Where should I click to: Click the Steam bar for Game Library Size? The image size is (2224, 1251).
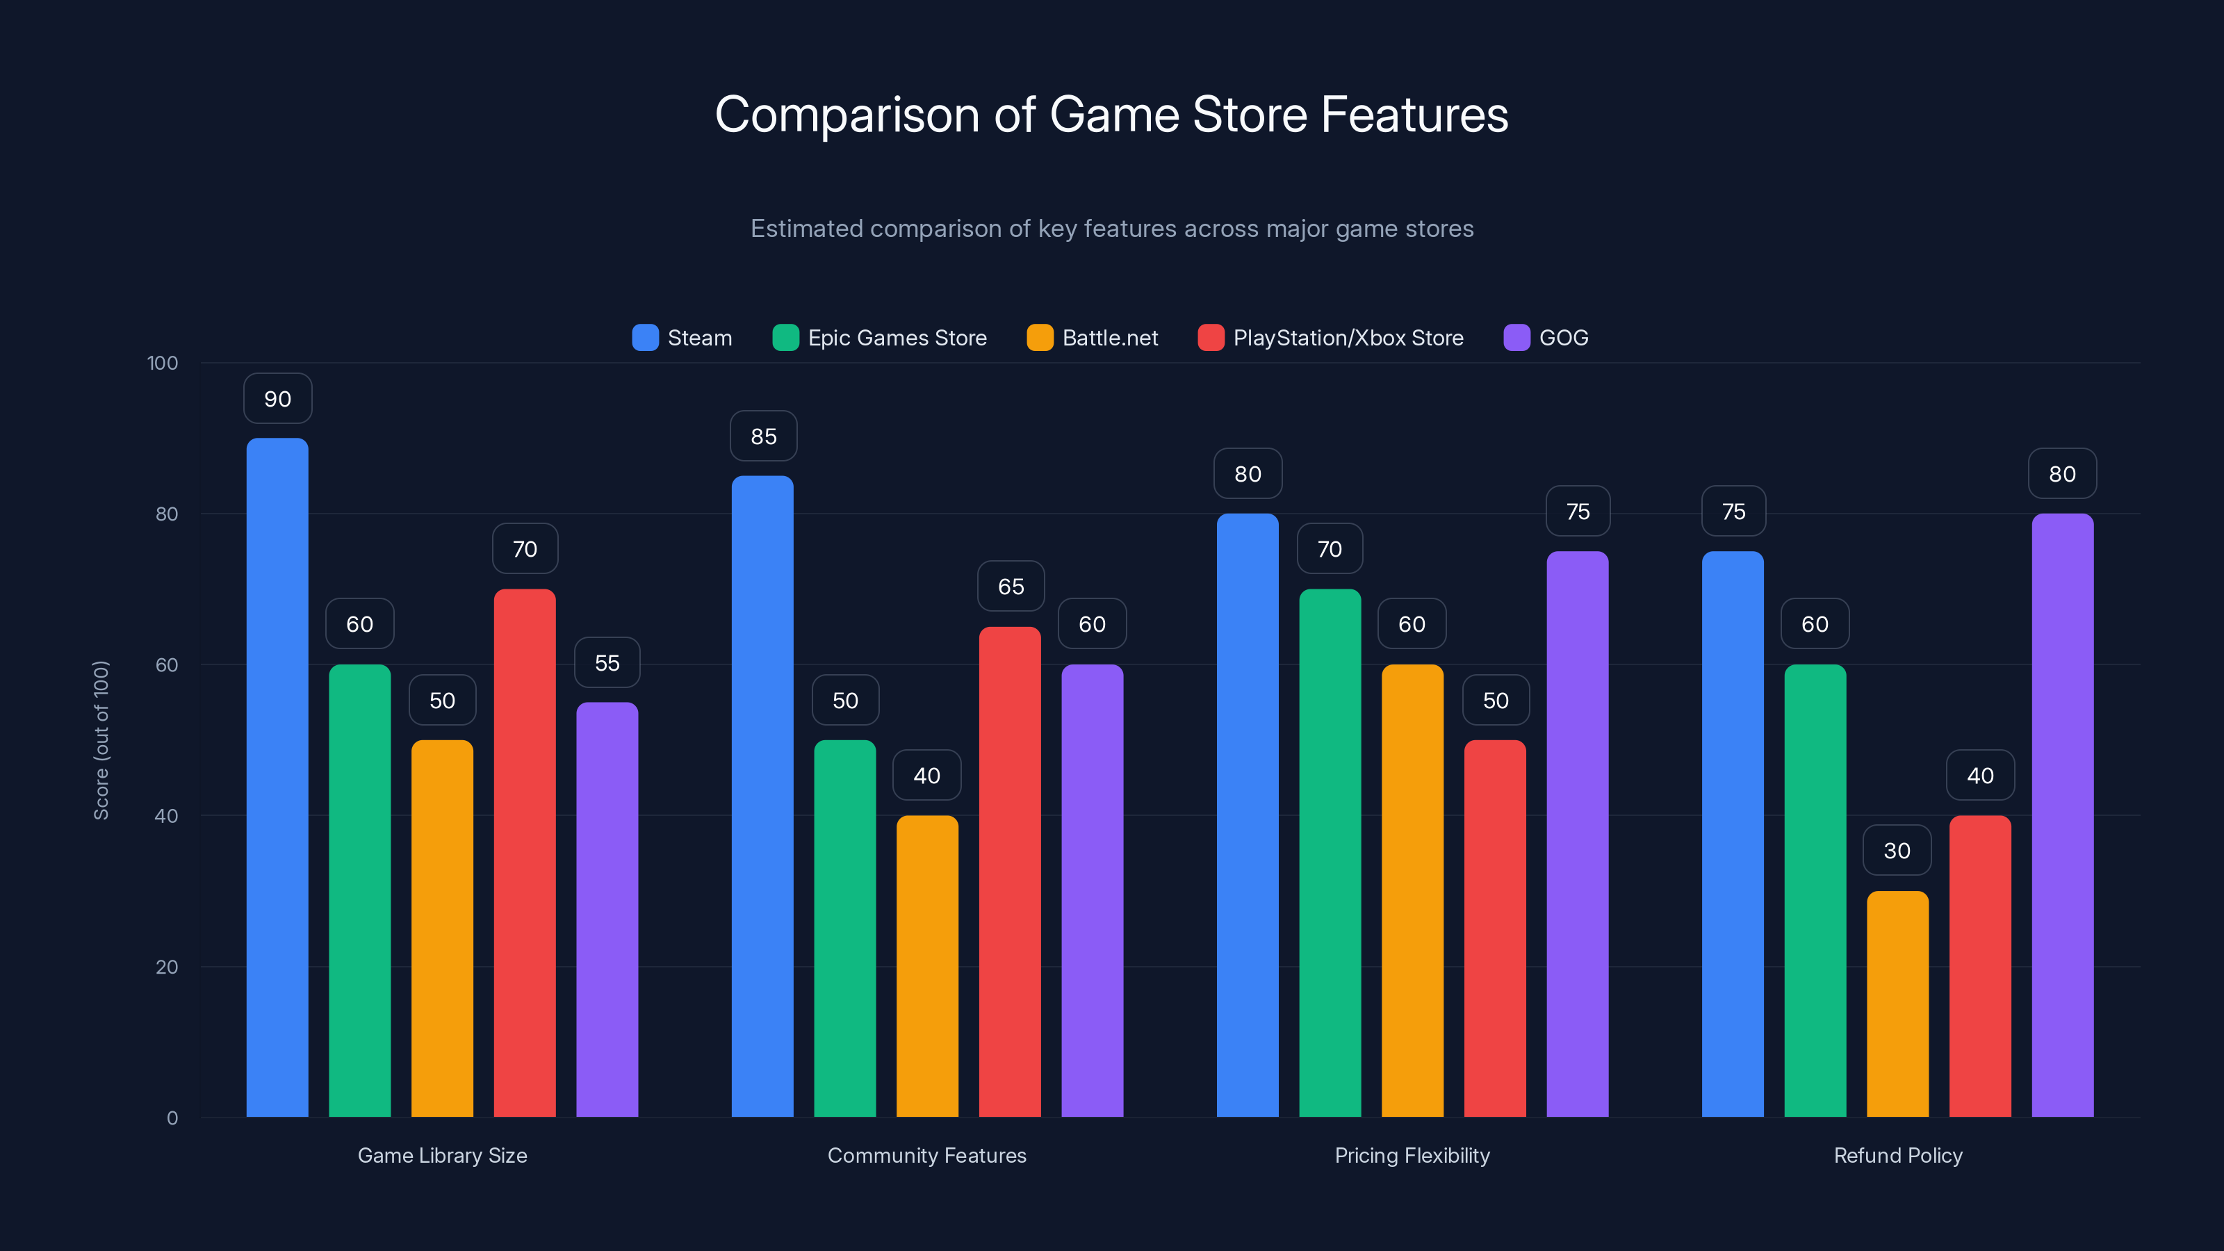(277, 777)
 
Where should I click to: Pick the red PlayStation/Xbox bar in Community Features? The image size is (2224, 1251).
(1009, 872)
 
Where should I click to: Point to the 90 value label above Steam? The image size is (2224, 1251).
(277, 399)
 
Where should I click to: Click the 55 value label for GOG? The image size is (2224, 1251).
(607, 663)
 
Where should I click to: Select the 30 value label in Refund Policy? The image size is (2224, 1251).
(1897, 851)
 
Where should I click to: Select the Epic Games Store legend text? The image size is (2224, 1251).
(897, 338)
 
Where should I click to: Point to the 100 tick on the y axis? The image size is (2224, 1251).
(163, 363)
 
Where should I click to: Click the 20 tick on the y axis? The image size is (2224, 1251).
(166, 967)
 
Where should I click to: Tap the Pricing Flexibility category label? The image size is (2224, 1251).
(1412, 1155)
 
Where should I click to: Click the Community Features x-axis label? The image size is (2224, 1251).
(926, 1155)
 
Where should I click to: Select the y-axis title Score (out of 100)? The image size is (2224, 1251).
(101, 740)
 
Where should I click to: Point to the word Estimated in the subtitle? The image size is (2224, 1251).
(806, 229)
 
